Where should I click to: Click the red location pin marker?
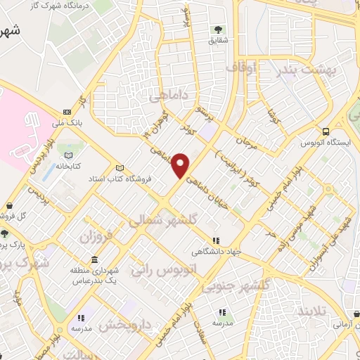click(181, 165)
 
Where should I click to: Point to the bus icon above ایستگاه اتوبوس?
click(326, 131)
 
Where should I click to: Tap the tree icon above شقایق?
click(217, 30)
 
